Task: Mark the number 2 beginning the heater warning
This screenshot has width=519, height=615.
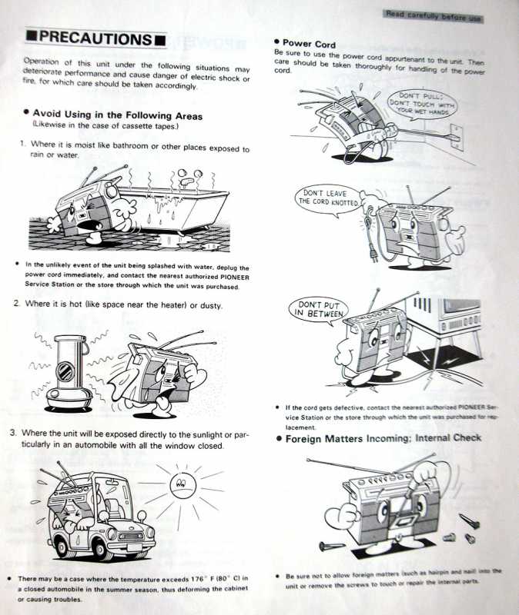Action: [16, 305]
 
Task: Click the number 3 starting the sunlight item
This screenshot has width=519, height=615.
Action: [14, 433]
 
